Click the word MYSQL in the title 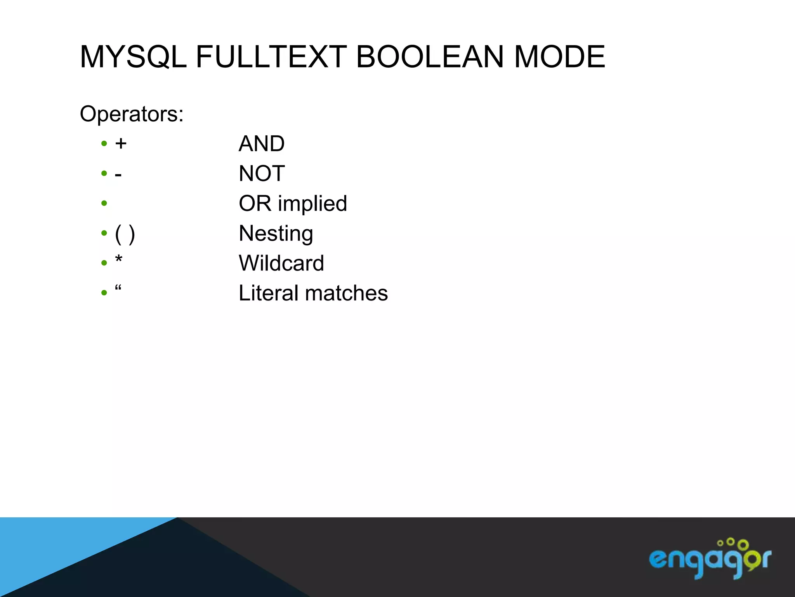click(x=133, y=57)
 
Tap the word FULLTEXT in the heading click(x=271, y=57)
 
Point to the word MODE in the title click(x=559, y=57)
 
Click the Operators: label click(x=132, y=114)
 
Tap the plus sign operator click(x=121, y=144)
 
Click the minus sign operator click(x=118, y=175)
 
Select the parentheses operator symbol click(x=125, y=234)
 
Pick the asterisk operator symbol click(x=119, y=259)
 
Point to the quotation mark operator click(x=118, y=288)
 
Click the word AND click(x=262, y=144)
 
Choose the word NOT click(x=262, y=173)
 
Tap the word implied click(x=312, y=204)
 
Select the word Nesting click(x=276, y=234)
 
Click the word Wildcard click(x=281, y=263)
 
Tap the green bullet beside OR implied click(x=104, y=203)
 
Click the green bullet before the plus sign click(x=104, y=143)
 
